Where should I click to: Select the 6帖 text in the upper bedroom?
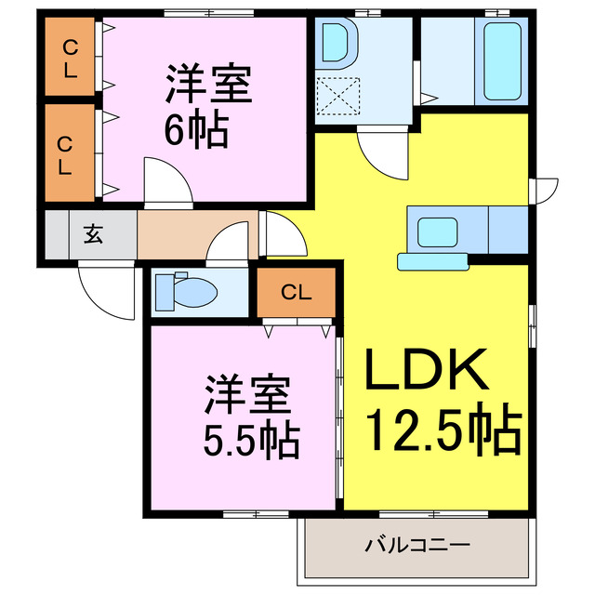(196, 131)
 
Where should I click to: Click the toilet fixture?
(187, 293)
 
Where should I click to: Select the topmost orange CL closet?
(70, 58)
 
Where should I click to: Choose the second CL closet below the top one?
(70, 153)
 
